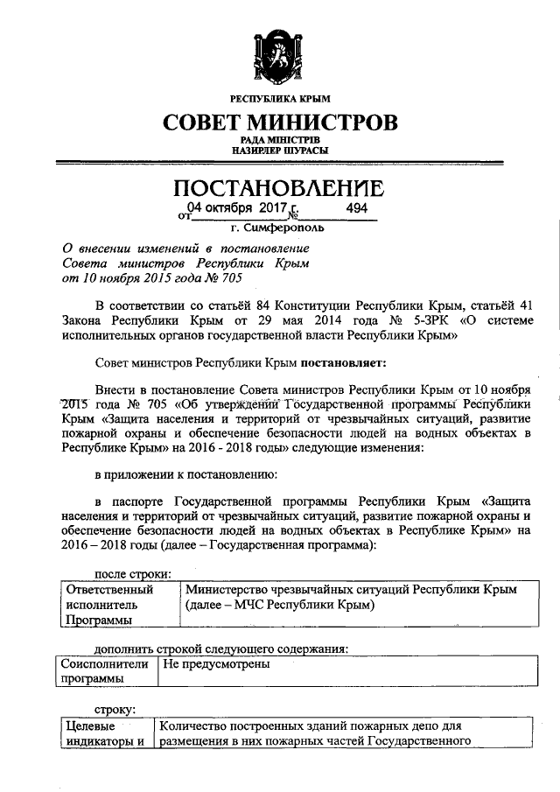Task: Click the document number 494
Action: click(x=357, y=208)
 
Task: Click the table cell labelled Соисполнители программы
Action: click(x=103, y=672)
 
